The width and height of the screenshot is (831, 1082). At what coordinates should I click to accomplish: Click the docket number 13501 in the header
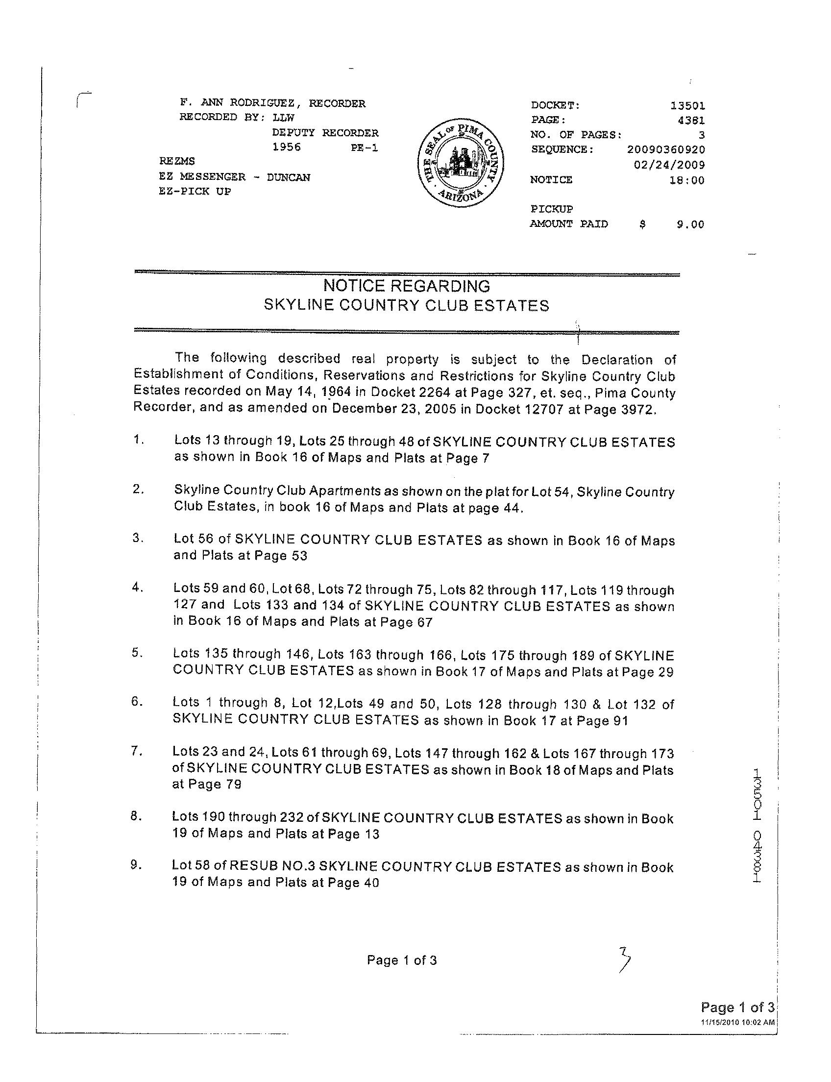coord(687,105)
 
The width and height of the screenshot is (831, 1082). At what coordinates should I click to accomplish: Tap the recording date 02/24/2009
coord(669,165)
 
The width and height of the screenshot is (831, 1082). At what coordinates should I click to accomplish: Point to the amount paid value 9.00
coord(690,224)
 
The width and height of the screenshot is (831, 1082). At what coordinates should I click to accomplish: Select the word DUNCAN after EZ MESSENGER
coord(289,177)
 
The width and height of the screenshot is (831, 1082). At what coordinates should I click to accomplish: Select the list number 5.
coord(137,653)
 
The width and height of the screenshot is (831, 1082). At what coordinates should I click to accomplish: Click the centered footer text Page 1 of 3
coord(402,960)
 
